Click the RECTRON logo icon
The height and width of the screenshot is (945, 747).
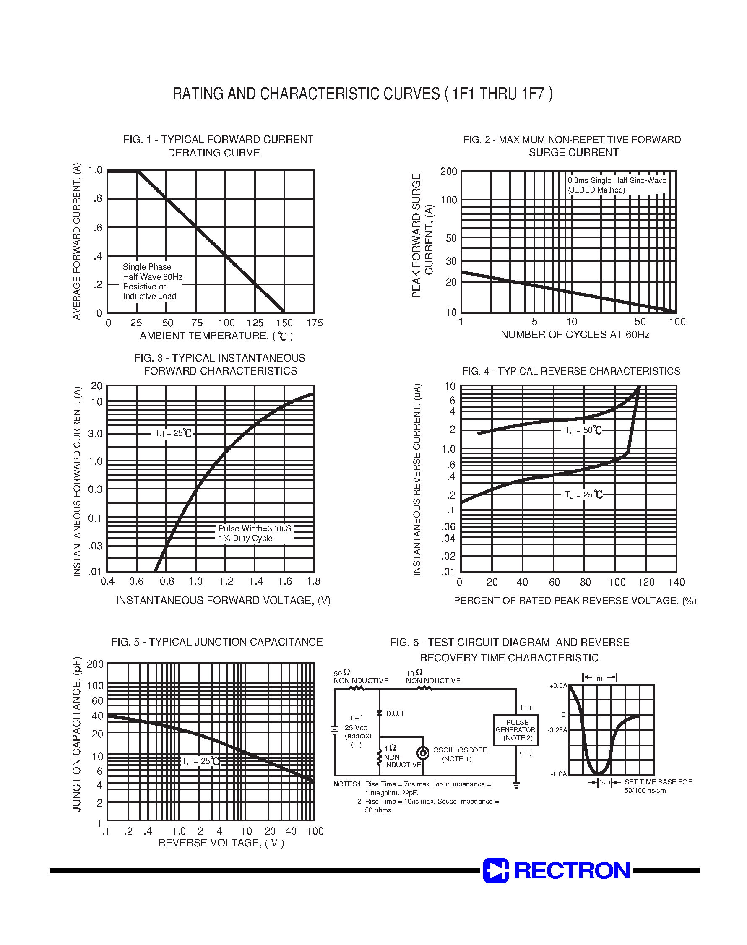tap(495, 870)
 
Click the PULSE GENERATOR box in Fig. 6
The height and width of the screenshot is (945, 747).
tap(515, 730)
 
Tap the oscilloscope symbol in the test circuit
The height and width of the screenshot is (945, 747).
tap(423, 753)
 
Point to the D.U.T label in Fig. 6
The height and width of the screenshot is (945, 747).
tap(395, 713)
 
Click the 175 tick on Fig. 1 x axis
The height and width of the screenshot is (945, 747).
tap(315, 323)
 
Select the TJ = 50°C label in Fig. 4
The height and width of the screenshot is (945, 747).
tap(583, 430)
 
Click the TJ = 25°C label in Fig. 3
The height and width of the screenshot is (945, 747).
tap(173, 433)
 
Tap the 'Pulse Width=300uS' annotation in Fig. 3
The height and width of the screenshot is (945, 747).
tap(255, 528)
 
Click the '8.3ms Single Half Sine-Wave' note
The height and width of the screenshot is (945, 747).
tap(617, 180)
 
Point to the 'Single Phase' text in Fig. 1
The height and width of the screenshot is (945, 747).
tap(147, 267)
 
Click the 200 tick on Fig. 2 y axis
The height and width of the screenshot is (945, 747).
tap(448, 172)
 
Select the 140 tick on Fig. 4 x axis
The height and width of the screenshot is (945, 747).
tap(676, 582)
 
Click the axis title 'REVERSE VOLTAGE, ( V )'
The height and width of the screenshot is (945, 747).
tap(221, 843)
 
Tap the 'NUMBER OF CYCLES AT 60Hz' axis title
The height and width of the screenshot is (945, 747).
tap(575, 335)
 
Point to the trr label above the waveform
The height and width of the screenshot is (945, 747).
tap(600, 679)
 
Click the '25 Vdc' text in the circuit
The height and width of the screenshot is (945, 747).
tap(356, 728)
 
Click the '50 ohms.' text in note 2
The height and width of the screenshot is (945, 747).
tap(379, 810)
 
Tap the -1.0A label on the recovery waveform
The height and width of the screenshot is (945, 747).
tap(559, 774)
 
